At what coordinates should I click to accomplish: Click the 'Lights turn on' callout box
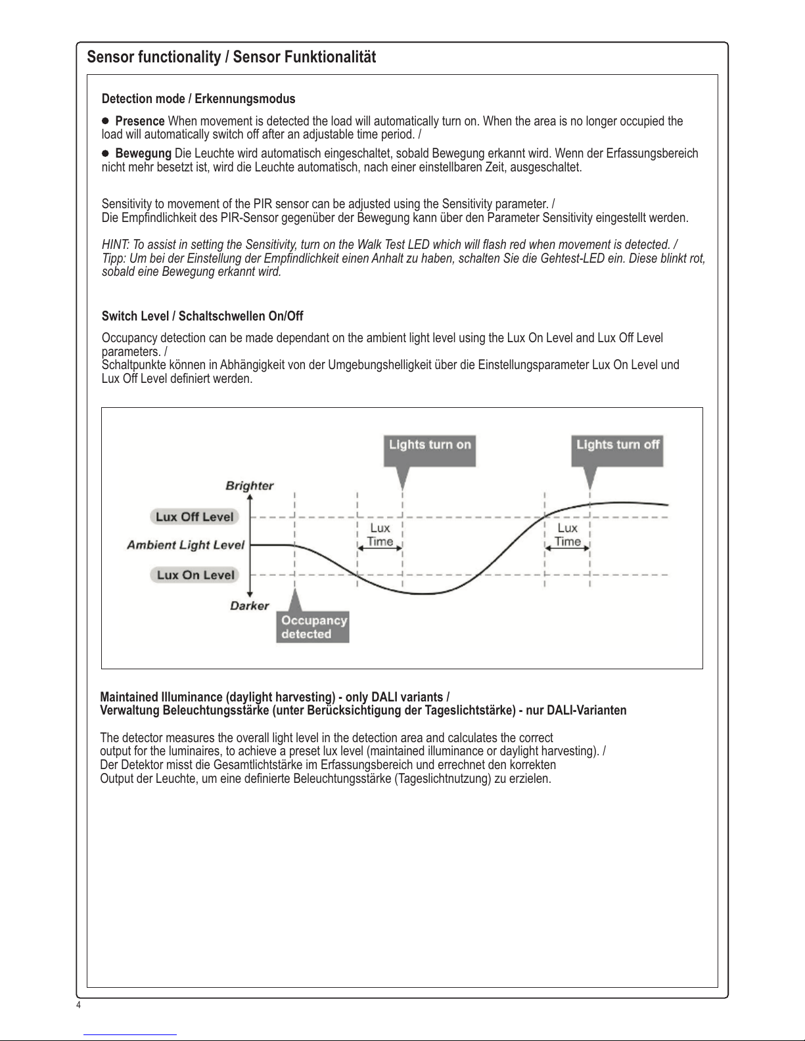pyautogui.click(x=430, y=445)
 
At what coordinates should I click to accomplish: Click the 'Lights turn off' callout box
pyautogui.click(x=618, y=445)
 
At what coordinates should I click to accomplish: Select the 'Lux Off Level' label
pyautogui.click(x=195, y=517)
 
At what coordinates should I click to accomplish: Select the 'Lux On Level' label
pyautogui.click(x=195, y=575)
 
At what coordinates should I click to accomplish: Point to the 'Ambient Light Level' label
pyautogui.click(x=185, y=545)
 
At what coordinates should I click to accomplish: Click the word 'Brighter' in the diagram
pyautogui.click(x=250, y=486)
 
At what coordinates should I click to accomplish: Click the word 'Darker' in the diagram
pyautogui.click(x=250, y=606)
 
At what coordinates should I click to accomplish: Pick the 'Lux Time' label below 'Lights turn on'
pyautogui.click(x=380, y=535)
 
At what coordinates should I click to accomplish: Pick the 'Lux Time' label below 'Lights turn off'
pyautogui.click(x=568, y=535)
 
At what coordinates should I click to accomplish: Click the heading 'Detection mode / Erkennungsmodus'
pyautogui.click(x=198, y=99)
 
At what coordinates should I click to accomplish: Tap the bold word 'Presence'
pyautogui.click(x=140, y=122)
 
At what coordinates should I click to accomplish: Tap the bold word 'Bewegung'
pyautogui.click(x=143, y=154)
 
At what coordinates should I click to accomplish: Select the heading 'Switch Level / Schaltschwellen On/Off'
pyautogui.click(x=202, y=317)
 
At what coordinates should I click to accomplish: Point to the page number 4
pyautogui.click(x=79, y=1006)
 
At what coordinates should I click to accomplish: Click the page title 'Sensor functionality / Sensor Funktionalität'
pyautogui.click(x=231, y=58)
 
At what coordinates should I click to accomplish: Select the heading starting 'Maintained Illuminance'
pyautogui.click(x=275, y=697)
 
